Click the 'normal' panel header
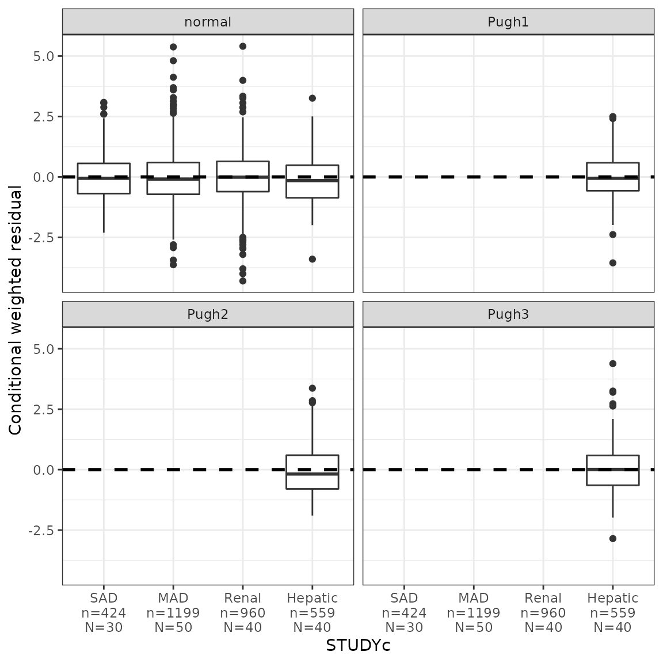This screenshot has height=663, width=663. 208,22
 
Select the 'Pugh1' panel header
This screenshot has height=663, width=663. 508,22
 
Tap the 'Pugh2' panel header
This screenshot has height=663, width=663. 208,314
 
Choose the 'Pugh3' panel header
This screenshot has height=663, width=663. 508,314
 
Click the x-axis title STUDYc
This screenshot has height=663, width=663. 358,646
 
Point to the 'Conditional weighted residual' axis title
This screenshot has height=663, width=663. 16,311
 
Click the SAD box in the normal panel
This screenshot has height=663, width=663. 104,178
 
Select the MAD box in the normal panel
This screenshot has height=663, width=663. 173,178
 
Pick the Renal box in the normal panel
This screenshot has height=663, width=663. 243,176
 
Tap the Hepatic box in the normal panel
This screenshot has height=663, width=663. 313,181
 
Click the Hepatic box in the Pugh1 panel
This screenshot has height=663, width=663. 612,177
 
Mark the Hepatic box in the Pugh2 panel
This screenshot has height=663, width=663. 313,472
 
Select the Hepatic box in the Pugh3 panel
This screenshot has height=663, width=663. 612,470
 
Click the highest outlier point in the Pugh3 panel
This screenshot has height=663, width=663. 612,364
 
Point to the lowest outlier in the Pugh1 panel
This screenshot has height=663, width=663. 612,263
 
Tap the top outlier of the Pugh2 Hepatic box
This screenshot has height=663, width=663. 313,388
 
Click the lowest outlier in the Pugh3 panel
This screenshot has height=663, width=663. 612,539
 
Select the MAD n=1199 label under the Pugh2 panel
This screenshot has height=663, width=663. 173,613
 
